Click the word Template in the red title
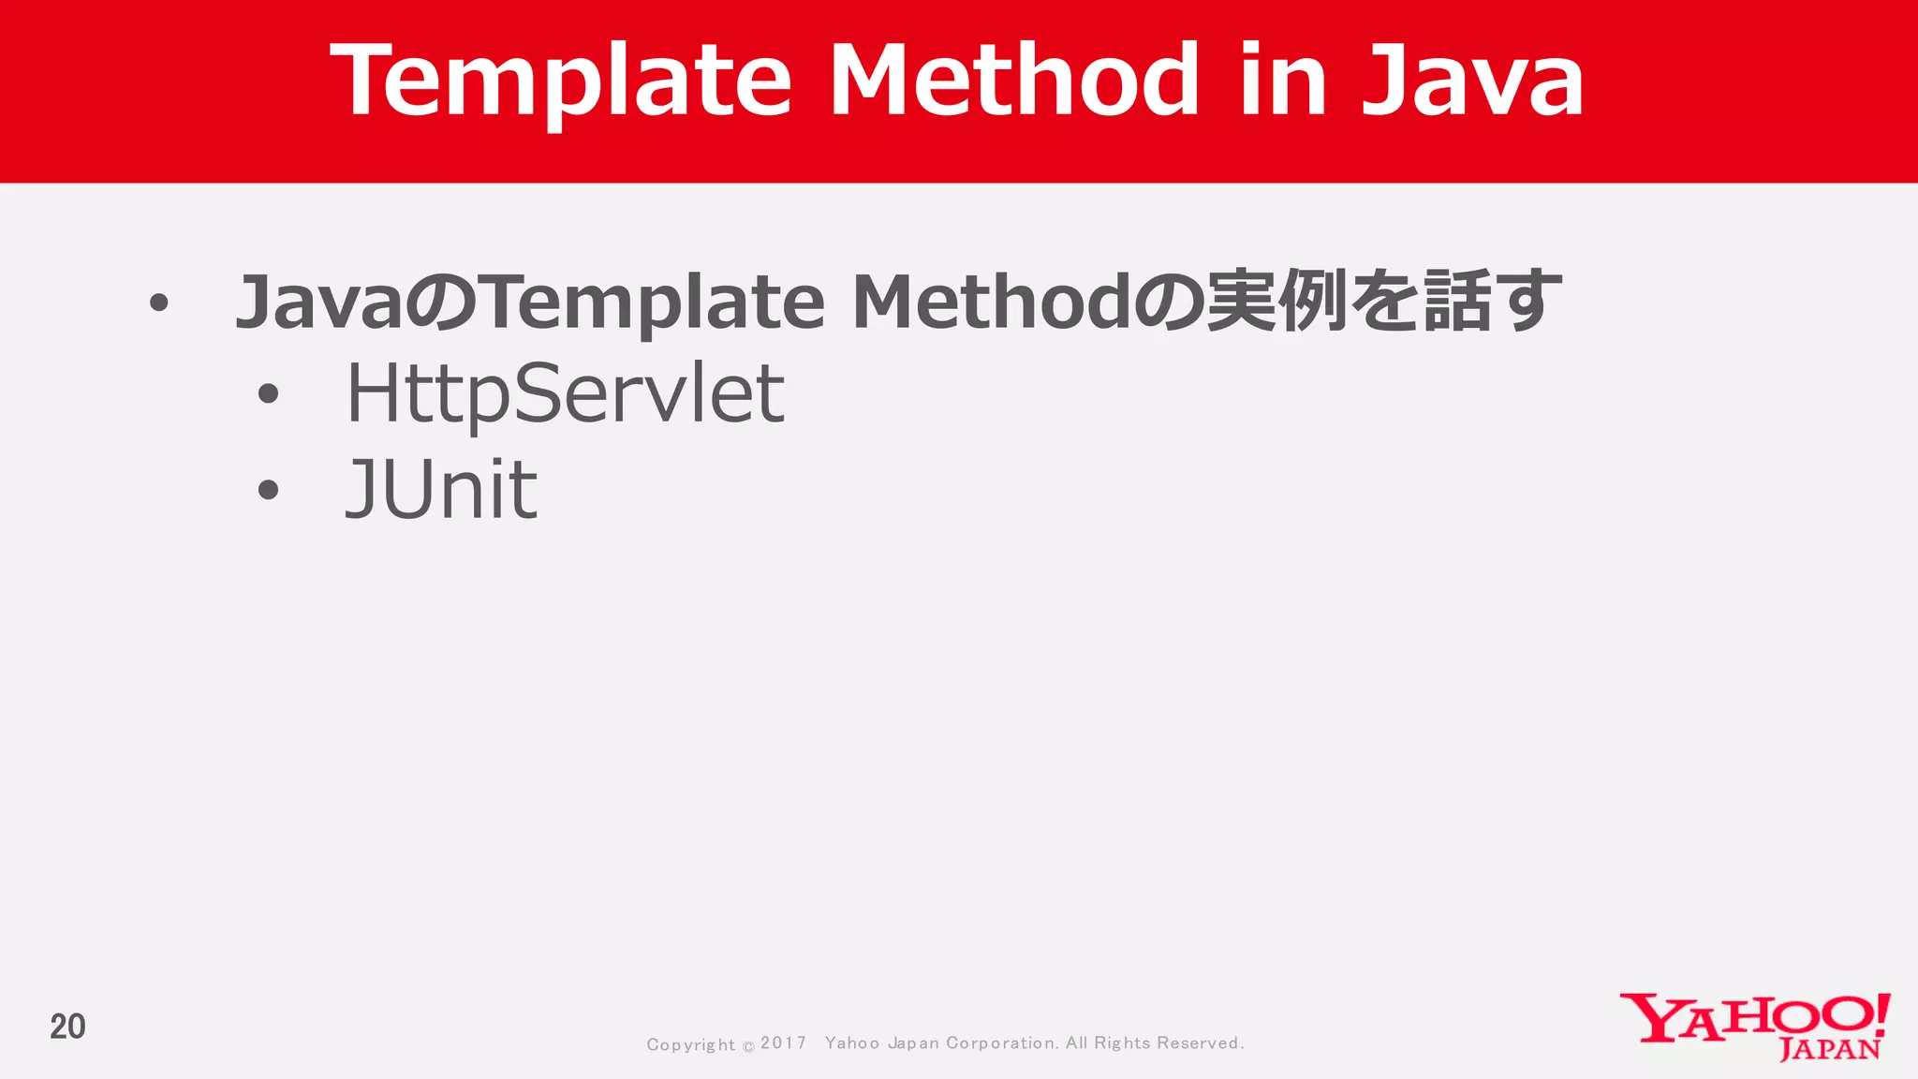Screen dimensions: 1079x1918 561,81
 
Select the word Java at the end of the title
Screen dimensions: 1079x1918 1472,81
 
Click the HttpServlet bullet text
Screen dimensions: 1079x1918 565,394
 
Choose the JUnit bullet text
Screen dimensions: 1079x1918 441,489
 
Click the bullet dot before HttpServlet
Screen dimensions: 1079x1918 269,394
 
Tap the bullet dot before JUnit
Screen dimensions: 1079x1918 269,490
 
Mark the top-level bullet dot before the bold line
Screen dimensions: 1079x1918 159,303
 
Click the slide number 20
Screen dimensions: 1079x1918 67,1027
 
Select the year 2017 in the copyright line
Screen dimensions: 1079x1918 783,1042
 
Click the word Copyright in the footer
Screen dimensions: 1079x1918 690,1044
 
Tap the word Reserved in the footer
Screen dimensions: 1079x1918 1200,1042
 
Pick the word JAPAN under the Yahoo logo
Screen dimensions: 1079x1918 1829,1050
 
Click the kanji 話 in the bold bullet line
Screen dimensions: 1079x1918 1457,302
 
